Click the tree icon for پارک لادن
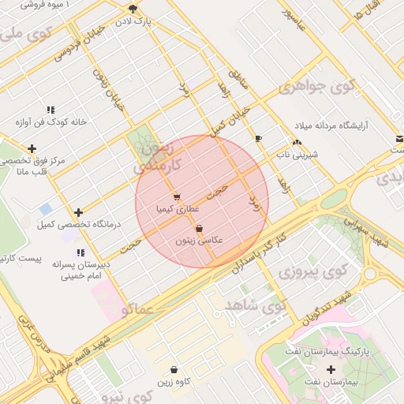tap(133, 9)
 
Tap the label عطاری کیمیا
tap(177, 209)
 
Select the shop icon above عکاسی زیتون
tap(198, 228)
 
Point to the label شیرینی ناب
tap(296, 155)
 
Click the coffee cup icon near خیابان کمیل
tap(258, 139)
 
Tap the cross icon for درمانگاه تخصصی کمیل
tap(78, 212)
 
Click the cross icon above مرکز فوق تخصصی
tap(32, 148)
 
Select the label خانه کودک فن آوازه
tap(50, 122)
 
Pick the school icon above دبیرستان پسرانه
tap(80, 252)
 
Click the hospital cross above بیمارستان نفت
tap(330, 369)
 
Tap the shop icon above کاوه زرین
tap(174, 369)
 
